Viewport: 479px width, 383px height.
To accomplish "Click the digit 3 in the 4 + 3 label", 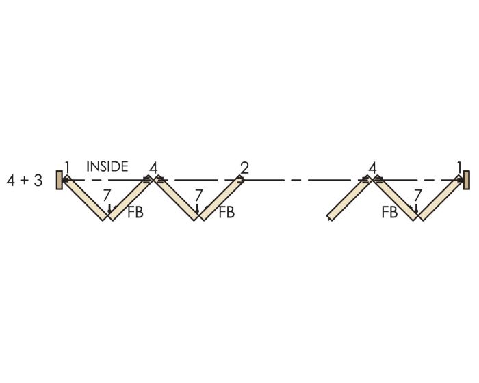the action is pyautogui.click(x=38, y=181).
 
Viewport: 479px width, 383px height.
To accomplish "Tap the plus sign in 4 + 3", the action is pyautogui.click(x=24, y=181).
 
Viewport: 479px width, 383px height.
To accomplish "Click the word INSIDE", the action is pyautogui.click(x=107, y=166).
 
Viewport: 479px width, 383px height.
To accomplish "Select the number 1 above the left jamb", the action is pyautogui.click(x=67, y=168).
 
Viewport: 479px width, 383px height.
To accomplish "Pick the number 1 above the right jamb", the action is pyautogui.click(x=459, y=168).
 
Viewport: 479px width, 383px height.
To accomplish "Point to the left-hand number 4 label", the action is pyautogui.click(x=153, y=168).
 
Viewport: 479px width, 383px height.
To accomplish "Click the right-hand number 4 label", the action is pyautogui.click(x=372, y=168).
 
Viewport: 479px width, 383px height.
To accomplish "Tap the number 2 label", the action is pyautogui.click(x=244, y=168).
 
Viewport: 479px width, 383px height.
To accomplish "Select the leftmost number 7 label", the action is pyautogui.click(x=107, y=195).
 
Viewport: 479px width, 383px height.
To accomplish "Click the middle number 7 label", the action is pyautogui.click(x=198, y=195).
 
